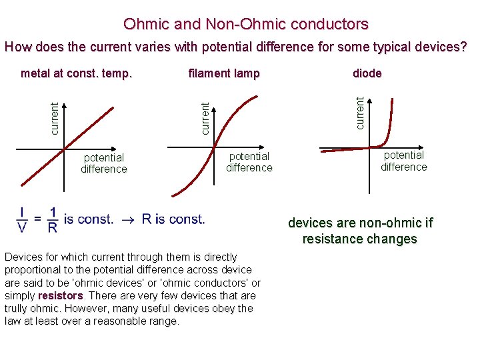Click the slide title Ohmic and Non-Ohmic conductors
point(245,25)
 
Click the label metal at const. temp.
point(77,73)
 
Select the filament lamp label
point(224,73)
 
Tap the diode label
point(367,73)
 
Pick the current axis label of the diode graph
point(360,113)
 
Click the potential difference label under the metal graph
point(104,163)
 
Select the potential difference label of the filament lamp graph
point(249,162)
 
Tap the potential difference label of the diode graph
point(404,161)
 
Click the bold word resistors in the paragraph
point(61,295)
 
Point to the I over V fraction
point(23,220)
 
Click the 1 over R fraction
point(53,220)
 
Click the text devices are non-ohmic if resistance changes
point(360,231)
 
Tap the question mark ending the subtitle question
point(463,47)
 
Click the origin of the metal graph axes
point(65,149)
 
